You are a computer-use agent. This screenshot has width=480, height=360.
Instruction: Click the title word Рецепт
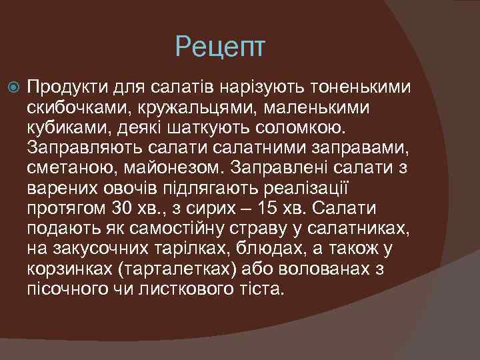pos(220,47)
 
